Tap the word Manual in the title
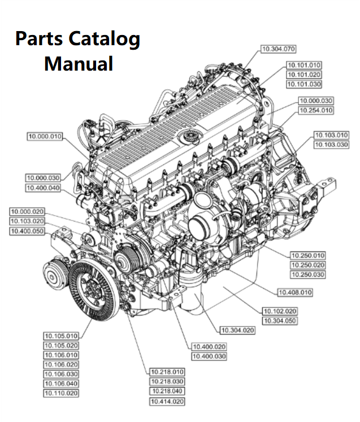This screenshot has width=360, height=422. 79,63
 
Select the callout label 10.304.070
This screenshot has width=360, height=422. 279,50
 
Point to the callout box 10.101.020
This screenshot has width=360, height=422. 303,75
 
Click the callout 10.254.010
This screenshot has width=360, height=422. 316,111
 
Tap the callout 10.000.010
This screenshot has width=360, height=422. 45,136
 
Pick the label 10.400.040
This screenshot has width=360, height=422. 43,188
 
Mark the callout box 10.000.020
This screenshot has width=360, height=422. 27,212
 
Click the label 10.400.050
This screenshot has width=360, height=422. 27,231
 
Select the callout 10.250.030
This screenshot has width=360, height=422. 307,275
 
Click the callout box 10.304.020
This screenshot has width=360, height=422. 237,330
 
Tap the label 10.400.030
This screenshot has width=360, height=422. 209,356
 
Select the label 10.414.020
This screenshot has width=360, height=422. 167,402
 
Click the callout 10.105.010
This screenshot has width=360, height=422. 61,336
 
